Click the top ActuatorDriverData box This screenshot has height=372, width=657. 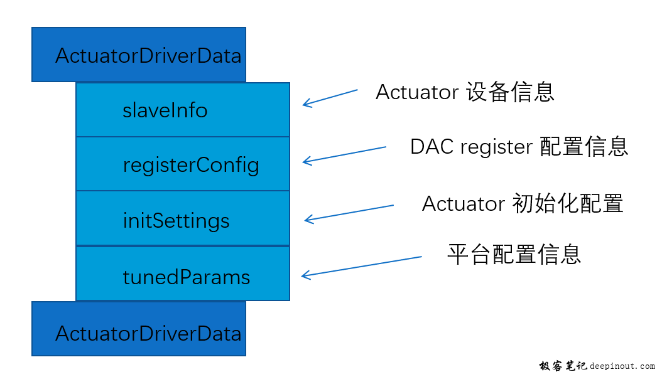139,55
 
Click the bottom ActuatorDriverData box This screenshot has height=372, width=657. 139,329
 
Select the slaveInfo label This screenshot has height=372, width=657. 165,110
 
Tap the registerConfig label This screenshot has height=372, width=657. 191,165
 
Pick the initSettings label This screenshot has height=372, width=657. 176,221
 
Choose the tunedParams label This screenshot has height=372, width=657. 187,277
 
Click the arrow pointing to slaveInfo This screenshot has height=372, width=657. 330,98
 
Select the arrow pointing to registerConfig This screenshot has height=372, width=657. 344,155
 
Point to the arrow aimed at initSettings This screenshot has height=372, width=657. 349,213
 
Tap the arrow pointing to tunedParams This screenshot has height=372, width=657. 362,267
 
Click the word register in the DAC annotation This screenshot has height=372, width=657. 497,147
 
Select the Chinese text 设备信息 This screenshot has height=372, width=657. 511,92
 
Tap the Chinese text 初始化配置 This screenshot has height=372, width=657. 568,203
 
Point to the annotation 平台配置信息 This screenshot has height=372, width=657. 514,254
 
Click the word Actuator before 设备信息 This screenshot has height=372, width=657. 417,92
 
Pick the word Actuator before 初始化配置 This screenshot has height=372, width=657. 464,204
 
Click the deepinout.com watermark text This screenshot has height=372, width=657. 622,366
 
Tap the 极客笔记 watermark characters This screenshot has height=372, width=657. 563,366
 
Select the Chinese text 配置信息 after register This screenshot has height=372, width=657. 584,146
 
